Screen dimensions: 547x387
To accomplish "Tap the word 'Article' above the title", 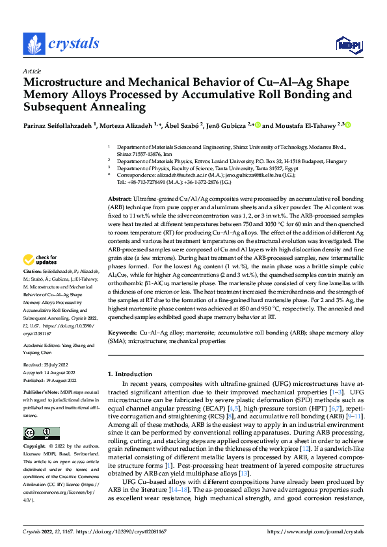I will click(x=31, y=70).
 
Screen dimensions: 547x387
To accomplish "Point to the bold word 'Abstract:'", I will click(x=120, y=179).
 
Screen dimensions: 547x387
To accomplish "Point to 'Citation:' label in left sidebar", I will click(x=33, y=288).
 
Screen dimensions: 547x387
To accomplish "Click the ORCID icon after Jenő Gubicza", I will click(x=258, y=125).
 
